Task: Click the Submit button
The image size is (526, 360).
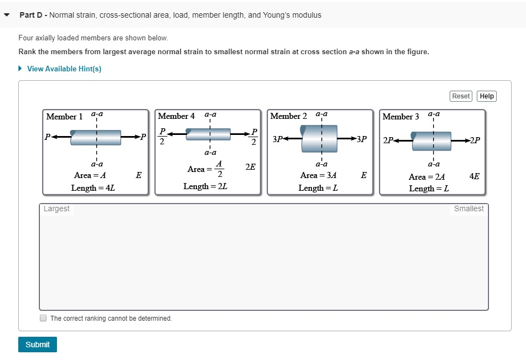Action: [38, 345]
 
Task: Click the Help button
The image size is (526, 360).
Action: [487, 96]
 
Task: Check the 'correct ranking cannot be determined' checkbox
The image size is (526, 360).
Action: [43, 319]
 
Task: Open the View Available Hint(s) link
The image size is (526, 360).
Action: [64, 69]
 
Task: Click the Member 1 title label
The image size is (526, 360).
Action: [64, 117]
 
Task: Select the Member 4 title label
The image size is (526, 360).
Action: [176, 116]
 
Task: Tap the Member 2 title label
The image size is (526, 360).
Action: [289, 116]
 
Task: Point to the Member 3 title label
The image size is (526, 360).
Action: [401, 117]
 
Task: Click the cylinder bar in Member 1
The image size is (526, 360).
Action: [96, 137]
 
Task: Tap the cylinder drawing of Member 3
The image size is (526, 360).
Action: [431, 138]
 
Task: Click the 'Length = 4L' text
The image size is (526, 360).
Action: [93, 188]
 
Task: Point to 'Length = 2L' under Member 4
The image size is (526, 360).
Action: [205, 186]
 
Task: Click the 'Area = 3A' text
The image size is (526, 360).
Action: [319, 175]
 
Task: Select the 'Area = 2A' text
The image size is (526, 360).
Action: [426, 177]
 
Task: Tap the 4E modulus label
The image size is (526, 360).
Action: [474, 176]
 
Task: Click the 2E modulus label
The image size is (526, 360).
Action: [250, 166]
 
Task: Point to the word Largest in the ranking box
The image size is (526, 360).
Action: [56, 208]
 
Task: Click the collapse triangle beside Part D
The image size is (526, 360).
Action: [7, 15]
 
